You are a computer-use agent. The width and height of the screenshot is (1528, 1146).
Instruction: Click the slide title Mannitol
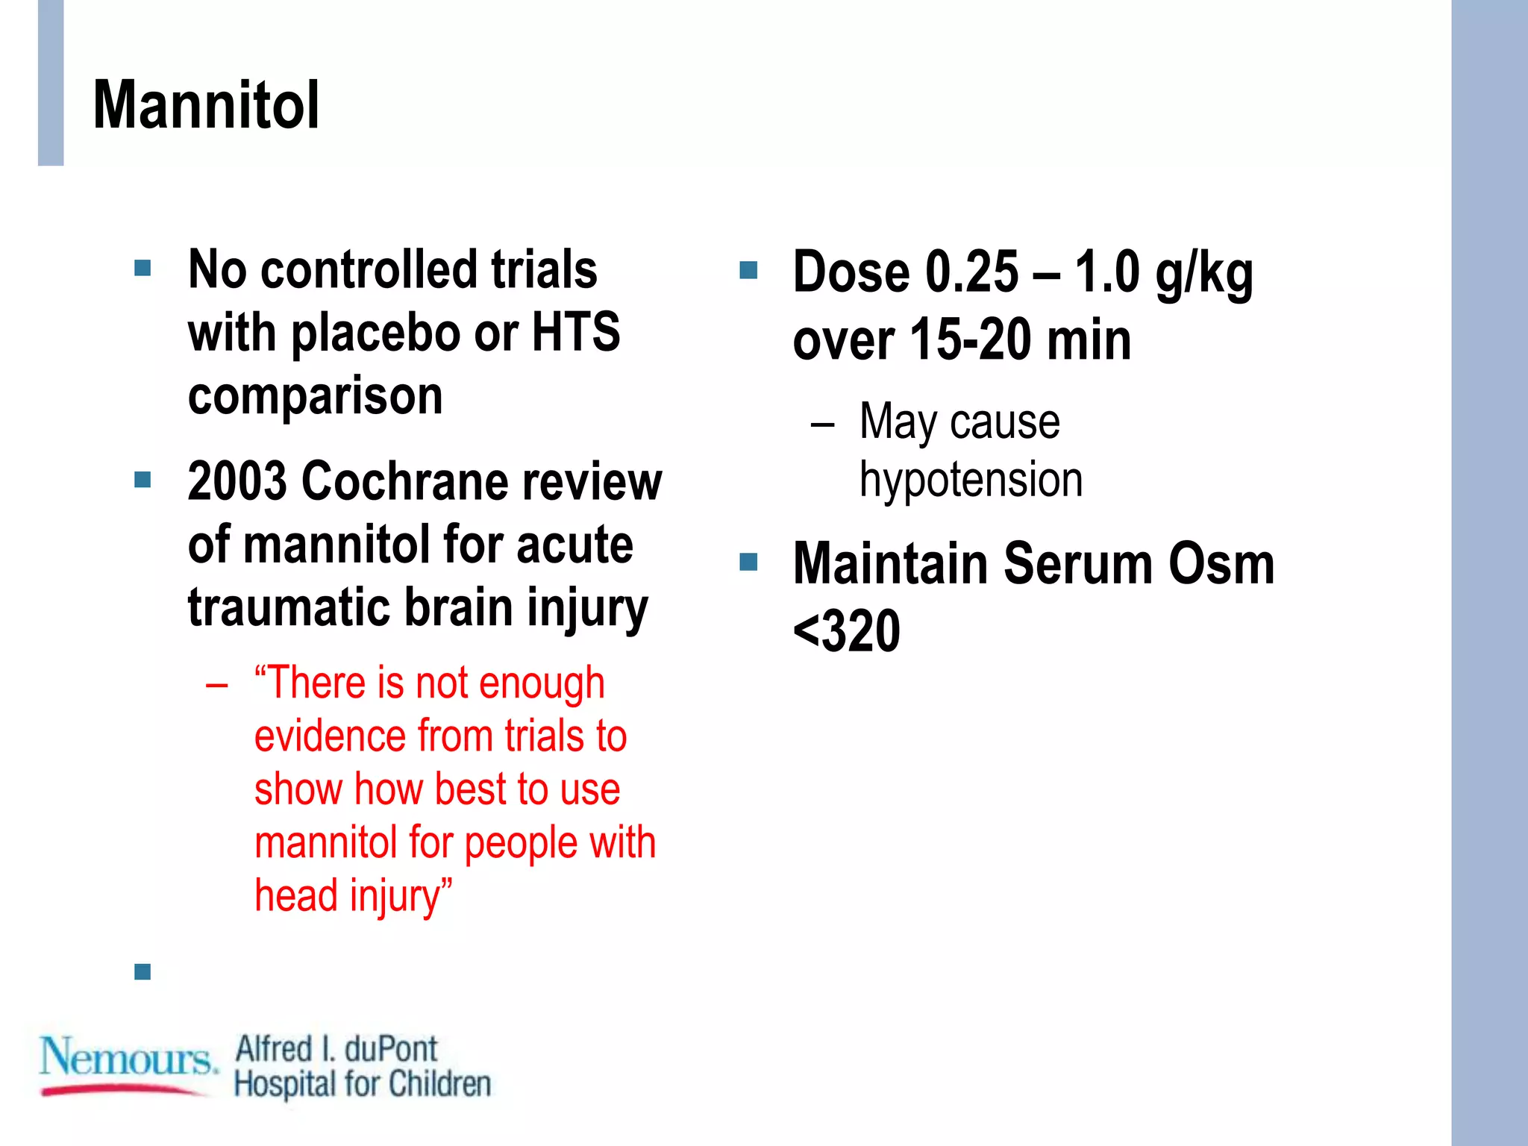[x=206, y=105]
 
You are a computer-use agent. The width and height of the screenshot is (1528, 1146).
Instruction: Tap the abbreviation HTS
[x=575, y=332]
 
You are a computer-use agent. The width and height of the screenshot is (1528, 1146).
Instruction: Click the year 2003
[x=237, y=481]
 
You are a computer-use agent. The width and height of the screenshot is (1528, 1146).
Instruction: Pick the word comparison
[x=315, y=395]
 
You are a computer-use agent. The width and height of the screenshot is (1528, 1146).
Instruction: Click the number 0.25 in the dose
[x=971, y=272]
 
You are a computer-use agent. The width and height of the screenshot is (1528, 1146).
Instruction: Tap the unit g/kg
[x=1203, y=273]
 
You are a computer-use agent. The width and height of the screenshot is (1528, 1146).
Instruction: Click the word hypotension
[x=971, y=480]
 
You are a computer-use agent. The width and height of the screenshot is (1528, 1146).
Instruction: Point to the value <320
[x=846, y=631]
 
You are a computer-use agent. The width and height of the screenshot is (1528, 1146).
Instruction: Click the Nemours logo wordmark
[x=127, y=1057]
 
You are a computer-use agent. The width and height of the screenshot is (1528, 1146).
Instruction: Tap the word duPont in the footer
[x=390, y=1050]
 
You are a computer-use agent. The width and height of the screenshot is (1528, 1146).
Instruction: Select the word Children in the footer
[x=440, y=1084]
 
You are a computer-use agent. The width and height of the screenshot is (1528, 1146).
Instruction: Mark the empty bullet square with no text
[x=143, y=971]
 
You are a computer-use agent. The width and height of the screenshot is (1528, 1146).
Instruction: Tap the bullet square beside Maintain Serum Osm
[x=748, y=562]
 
